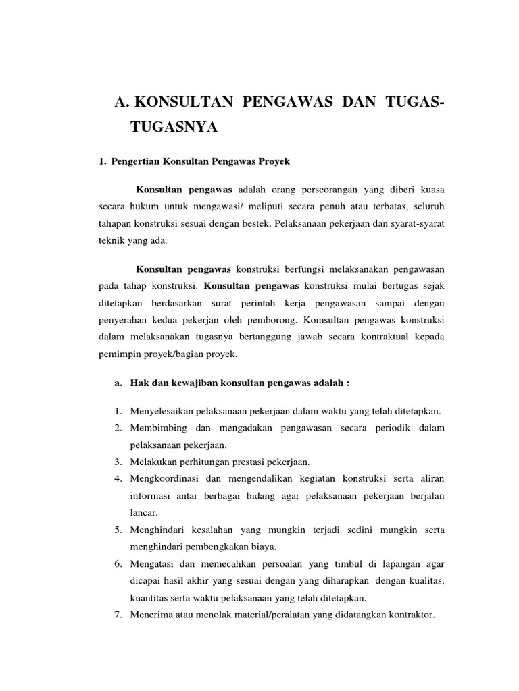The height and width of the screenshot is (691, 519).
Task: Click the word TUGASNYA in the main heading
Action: click(x=174, y=128)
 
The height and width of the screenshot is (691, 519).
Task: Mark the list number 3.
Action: click(x=117, y=462)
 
